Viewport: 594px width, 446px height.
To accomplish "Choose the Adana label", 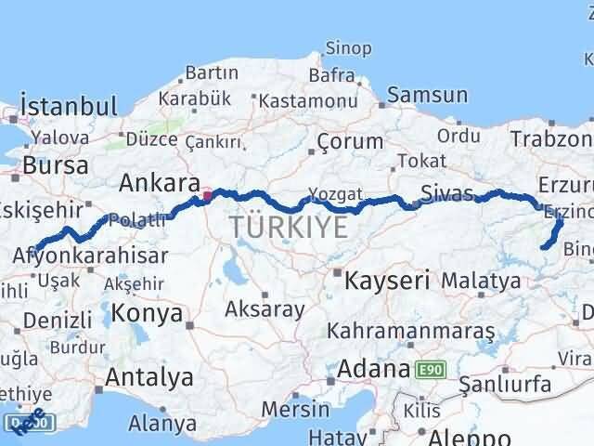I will point(372,368).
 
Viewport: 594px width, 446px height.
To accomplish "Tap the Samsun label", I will point(427,95).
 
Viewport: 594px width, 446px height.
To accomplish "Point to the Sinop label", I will point(348,48).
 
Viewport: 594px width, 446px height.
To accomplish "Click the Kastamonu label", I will point(303,99).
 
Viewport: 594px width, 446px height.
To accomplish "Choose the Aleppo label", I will point(464,437).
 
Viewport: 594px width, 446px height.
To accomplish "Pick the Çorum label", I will point(350,141).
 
